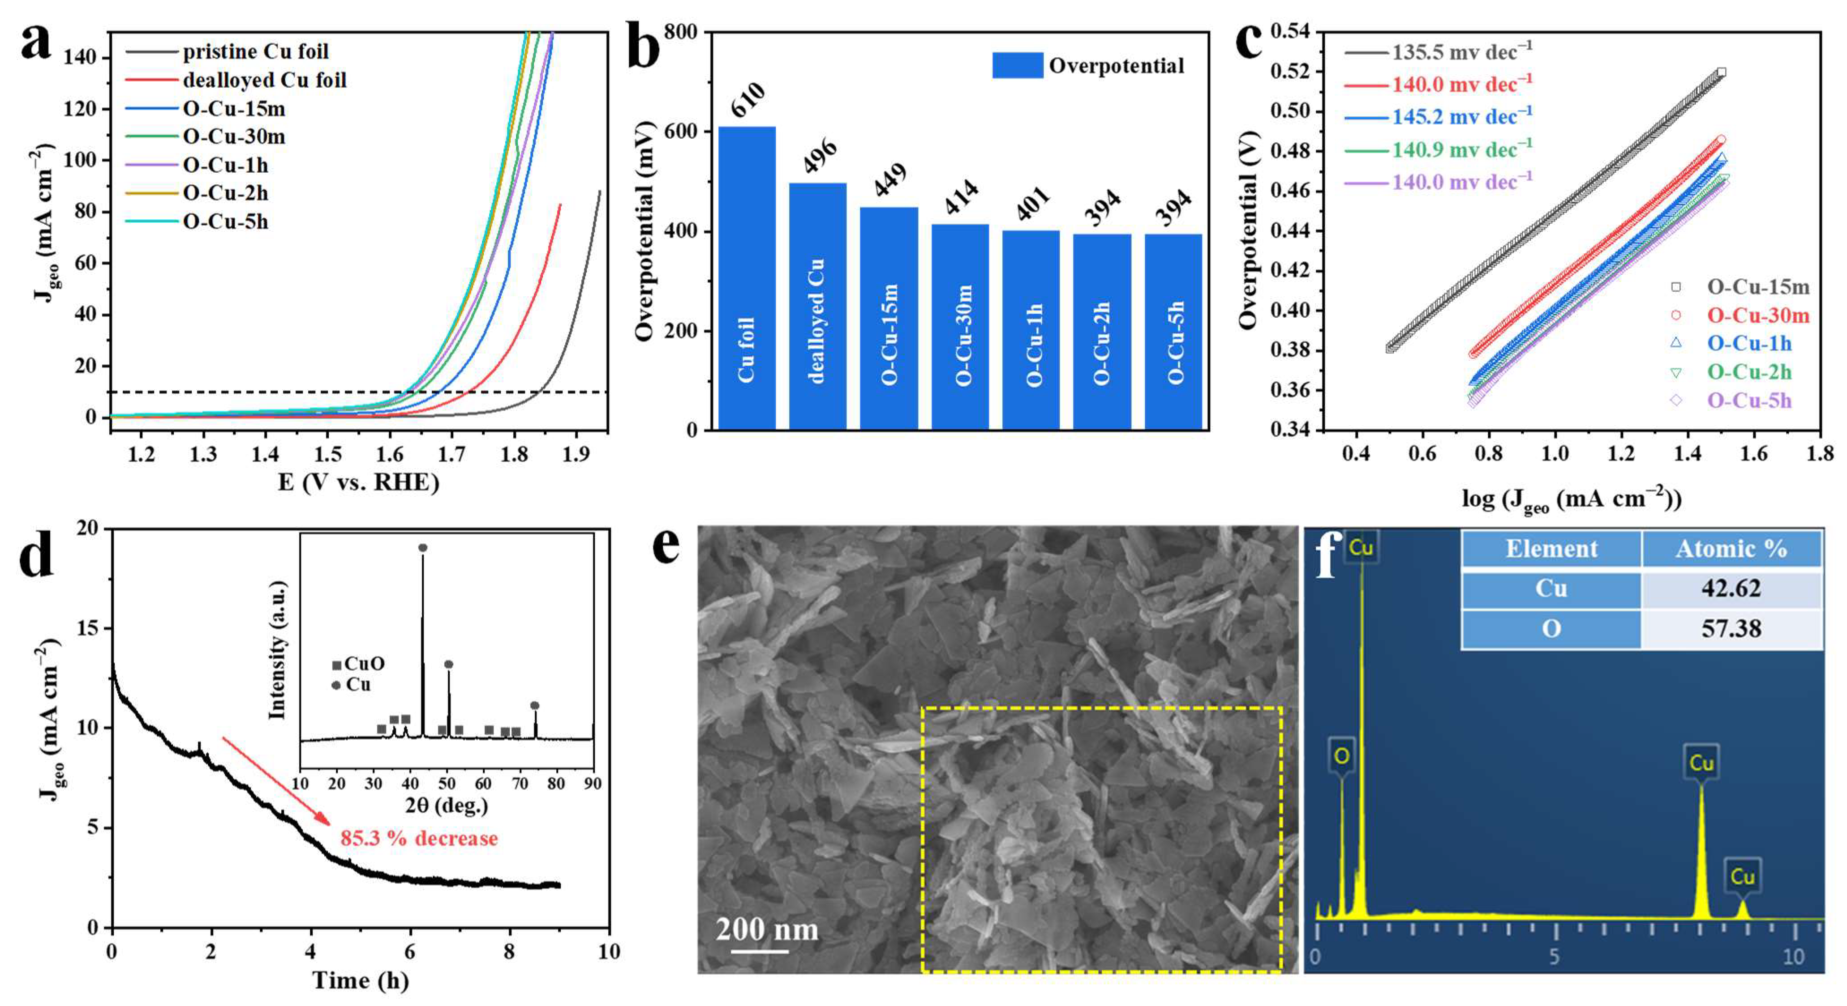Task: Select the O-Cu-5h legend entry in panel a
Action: pos(225,222)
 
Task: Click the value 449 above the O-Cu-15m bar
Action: pos(890,179)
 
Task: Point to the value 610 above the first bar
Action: pos(748,100)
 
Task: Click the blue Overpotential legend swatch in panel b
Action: pos(1017,65)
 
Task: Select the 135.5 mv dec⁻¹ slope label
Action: pos(1461,51)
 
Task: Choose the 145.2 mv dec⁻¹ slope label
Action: pos(1461,116)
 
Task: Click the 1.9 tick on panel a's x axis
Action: pos(576,454)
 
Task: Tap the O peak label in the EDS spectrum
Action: pos(1341,756)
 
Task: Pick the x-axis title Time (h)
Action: pos(360,980)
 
